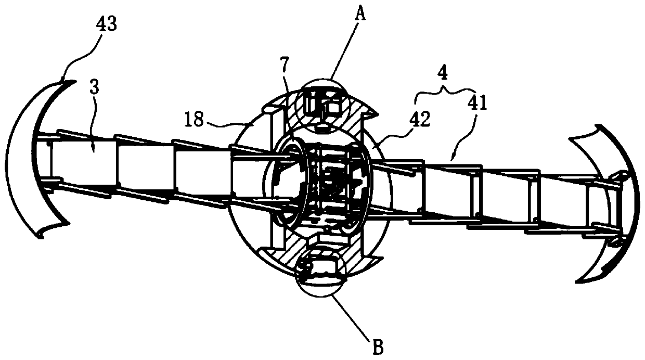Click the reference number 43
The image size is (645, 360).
pyautogui.click(x=106, y=24)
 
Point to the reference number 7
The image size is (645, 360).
pyautogui.click(x=285, y=66)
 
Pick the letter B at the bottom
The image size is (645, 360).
pyautogui.click(x=378, y=347)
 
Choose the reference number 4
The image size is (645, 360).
pyautogui.click(x=443, y=73)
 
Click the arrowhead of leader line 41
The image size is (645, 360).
pyautogui.click(x=453, y=158)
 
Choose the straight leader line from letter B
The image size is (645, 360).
pyautogui.click(x=350, y=316)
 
